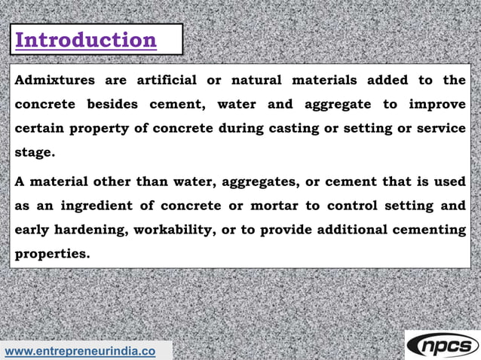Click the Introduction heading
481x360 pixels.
[86, 40]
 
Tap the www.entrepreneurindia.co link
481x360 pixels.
[81, 351]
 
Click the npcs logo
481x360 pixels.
[443, 346]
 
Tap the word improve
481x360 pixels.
[437, 105]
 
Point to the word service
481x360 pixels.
[440, 129]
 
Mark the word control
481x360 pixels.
[353, 206]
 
